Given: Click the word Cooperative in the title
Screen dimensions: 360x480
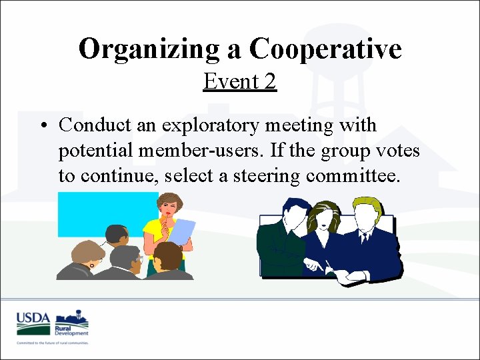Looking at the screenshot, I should click(325, 49).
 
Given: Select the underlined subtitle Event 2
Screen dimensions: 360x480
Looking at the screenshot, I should click(239, 81).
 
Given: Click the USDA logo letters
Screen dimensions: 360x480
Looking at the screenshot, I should click(34, 317).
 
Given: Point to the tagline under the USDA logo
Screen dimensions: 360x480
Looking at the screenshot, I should click(53, 343).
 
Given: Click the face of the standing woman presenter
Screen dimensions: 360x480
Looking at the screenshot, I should click(168, 207).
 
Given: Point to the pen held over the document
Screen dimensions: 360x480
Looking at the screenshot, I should click(329, 267).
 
